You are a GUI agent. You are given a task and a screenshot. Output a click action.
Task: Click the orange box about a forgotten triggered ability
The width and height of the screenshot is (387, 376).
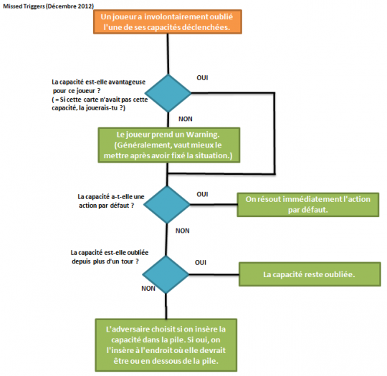pos(168,21)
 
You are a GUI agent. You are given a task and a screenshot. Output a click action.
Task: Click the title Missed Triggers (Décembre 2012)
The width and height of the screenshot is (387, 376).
pos(49,6)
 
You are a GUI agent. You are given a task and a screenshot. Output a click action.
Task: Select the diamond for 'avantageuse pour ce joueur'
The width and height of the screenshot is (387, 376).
pos(168,93)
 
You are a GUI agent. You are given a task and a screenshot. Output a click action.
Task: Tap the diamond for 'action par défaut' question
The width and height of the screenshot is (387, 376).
pos(167,205)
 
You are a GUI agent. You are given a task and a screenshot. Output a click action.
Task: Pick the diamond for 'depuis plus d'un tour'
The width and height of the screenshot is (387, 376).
pos(166,274)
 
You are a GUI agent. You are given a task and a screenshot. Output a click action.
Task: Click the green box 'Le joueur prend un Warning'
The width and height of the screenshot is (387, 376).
pos(169,145)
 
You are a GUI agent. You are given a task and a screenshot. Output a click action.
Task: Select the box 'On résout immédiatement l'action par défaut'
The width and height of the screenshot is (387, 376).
pos(307,205)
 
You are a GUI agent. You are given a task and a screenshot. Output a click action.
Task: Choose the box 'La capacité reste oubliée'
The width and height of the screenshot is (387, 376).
pos(310,274)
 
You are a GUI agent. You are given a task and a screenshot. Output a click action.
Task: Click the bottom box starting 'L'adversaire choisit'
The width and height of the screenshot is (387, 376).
pos(166,345)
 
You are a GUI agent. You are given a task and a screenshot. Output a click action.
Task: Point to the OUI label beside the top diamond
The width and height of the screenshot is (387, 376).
pos(202,78)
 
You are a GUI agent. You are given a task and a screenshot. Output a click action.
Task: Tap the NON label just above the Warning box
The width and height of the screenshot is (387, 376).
pos(186,119)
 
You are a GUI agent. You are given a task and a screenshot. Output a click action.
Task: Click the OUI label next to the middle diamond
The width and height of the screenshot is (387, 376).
pos(202,194)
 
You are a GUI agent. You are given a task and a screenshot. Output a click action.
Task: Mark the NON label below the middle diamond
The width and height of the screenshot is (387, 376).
pos(183,231)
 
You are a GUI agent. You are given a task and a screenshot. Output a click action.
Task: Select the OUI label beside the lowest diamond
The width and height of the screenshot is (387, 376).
pos(201,263)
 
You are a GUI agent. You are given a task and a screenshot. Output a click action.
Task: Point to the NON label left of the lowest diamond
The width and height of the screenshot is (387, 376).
pos(148,289)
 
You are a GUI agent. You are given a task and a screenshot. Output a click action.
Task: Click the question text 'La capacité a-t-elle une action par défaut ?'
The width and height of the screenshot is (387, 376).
pos(111,201)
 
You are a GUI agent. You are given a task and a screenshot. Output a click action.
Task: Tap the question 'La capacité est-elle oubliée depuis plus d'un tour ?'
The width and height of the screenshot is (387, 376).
pos(110,257)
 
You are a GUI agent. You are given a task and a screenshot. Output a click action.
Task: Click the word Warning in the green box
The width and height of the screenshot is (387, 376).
pos(202,135)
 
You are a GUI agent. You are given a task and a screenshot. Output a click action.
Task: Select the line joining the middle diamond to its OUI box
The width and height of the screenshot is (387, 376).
pos(214,205)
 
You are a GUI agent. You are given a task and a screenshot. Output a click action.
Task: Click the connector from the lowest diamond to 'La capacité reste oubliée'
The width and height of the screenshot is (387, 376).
pos(214,274)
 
